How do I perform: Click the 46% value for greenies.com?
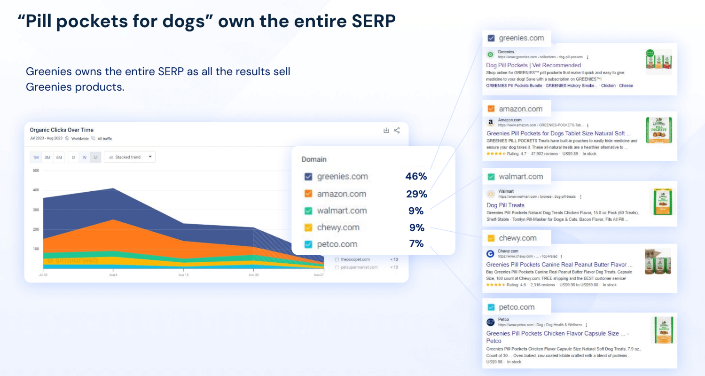tap(416, 177)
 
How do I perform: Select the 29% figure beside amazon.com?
tap(416, 194)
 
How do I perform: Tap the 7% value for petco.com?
tap(416, 244)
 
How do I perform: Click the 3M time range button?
tap(47, 157)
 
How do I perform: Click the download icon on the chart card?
tap(386, 130)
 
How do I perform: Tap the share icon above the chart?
tap(397, 130)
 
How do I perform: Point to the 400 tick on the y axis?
tap(36, 190)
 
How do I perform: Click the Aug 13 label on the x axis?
tap(183, 274)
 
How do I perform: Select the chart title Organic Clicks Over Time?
tap(62, 130)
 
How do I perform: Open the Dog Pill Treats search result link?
tap(505, 205)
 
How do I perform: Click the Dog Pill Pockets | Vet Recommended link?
tap(533, 65)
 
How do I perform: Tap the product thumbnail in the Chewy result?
tap(658, 261)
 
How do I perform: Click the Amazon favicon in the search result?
tap(491, 122)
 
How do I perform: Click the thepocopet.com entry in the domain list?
tap(355, 259)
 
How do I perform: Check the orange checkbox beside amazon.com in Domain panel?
tap(308, 194)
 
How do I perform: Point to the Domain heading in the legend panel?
tap(314, 159)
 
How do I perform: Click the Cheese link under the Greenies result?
tap(626, 86)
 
